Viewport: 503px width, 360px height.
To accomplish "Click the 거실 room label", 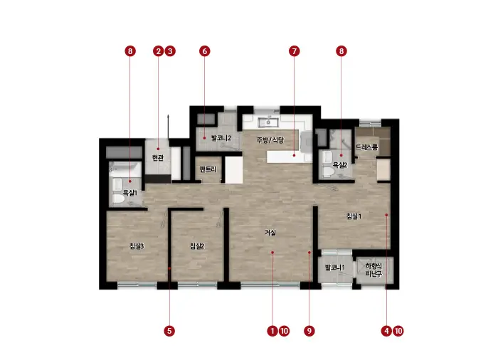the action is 270,233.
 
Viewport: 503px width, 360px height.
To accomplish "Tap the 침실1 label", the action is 354,216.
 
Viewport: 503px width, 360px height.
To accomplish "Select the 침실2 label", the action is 197,246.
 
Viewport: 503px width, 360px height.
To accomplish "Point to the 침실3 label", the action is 137,246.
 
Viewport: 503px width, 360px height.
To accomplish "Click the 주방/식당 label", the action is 270,140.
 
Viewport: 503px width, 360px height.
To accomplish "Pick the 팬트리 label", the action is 208,169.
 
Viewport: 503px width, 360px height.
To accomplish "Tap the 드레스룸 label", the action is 366,147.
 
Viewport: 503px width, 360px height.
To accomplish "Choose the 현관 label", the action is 157,157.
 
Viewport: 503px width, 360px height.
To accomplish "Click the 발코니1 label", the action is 334,268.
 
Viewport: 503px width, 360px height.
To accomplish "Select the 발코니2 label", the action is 221,138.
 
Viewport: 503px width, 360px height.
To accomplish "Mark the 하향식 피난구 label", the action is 374,270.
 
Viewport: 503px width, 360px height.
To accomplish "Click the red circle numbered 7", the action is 294,51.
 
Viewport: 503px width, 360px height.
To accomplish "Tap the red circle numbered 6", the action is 205,51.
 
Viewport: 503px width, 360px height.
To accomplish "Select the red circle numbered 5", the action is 169,331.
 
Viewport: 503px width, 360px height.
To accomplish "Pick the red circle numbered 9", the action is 309,331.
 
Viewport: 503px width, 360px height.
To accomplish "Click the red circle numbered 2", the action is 158,51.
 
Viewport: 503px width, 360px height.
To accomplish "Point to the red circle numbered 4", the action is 386,331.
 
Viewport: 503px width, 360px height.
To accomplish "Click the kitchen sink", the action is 268,122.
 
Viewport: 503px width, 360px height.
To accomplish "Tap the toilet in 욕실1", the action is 118,198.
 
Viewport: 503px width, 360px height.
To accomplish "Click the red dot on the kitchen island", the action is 294,156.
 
